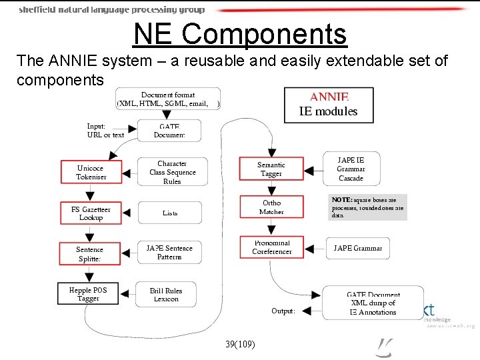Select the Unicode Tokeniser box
point(90,173)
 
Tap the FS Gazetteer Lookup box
point(91,213)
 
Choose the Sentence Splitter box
point(90,254)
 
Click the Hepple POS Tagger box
point(88,295)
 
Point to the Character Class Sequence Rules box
point(172,172)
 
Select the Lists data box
point(170,213)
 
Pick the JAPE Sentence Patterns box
point(169,253)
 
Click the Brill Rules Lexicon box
point(166,295)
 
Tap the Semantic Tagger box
point(271,169)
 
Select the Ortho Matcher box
point(271,207)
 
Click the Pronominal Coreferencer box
point(272,247)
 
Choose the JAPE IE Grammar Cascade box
point(351,169)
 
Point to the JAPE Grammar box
point(358,248)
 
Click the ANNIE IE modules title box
point(328,105)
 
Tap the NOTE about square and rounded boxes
point(368,207)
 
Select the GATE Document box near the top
point(169,130)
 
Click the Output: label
point(283,311)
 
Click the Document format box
point(168,99)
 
